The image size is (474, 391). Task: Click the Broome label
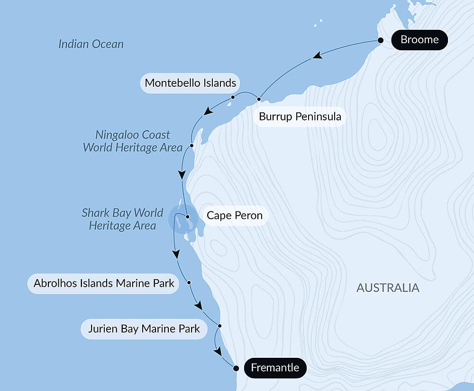419,40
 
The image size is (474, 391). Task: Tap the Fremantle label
275,368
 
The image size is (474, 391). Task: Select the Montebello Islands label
190,83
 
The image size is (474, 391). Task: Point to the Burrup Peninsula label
300,116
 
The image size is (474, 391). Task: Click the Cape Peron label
234,216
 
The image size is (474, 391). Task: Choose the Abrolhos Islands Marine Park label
104,283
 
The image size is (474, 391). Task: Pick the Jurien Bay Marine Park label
144,329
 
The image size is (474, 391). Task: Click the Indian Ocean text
91,44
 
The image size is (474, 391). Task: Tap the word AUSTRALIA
388,288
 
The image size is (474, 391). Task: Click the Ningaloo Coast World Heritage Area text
133,141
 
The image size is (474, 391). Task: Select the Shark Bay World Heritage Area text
122,219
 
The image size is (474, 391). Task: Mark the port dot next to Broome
380,40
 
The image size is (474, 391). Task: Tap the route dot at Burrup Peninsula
259,99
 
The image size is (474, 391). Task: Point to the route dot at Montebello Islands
233,97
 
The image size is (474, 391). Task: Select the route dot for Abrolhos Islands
189,282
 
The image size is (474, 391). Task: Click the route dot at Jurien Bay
219,326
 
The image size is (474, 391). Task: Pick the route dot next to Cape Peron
188,217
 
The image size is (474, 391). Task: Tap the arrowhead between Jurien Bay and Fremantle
218,352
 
